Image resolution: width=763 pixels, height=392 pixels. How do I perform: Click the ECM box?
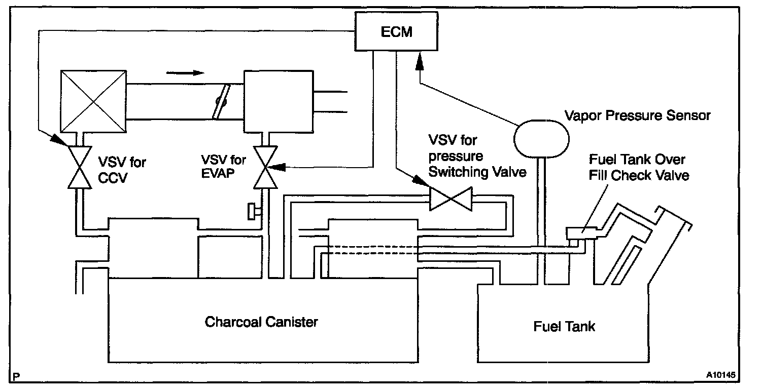tap(396, 32)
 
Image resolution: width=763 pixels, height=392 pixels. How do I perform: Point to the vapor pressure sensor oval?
tap(541, 138)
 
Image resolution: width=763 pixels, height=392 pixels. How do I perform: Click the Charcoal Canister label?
tap(261, 322)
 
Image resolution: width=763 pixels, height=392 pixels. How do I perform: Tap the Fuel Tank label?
tap(564, 326)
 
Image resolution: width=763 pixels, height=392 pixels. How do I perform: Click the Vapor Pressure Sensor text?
tap(638, 115)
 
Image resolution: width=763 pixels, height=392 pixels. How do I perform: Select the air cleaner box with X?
tap(93, 100)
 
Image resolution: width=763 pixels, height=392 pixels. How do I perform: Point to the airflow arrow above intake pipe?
tap(180, 72)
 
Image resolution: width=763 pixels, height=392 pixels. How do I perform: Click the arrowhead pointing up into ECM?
tap(419, 62)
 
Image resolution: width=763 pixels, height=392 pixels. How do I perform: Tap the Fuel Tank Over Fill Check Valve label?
tap(638, 168)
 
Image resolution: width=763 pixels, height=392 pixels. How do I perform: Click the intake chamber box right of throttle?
tap(279, 100)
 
